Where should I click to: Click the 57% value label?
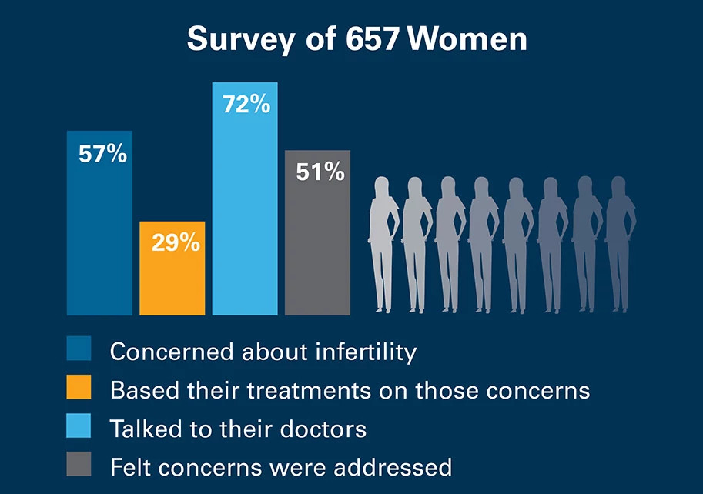pyautogui.click(x=102, y=154)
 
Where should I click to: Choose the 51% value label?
pyautogui.click(x=320, y=172)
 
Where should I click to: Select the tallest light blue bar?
pyautogui.click(x=245, y=215)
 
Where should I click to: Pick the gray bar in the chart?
pyautogui.click(x=318, y=246)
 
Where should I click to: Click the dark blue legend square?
pyautogui.click(x=79, y=349)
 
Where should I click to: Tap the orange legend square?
pyautogui.click(x=79, y=387)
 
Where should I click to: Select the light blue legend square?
pyautogui.click(x=79, y=426)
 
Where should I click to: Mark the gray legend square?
pyautogui.click(x=79, y=464)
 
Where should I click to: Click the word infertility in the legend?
pyautogui.click(x=367, y=352)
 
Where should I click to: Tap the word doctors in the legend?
pyautogui.click(x=317, y=428)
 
